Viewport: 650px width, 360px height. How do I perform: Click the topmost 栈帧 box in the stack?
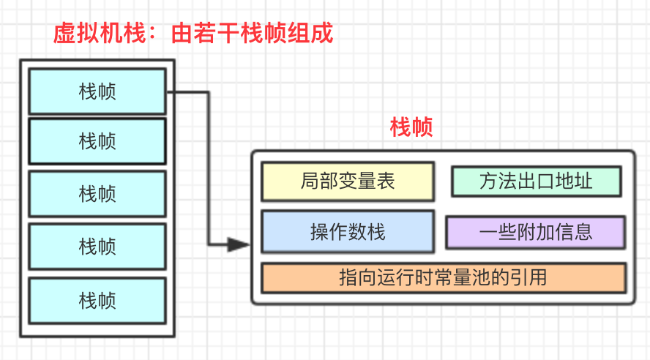97,91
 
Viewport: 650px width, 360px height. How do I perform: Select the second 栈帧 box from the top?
97,140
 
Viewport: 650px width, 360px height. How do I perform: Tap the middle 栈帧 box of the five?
97,193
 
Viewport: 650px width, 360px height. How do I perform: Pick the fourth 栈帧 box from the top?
97,246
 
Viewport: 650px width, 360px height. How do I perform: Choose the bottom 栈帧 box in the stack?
97,300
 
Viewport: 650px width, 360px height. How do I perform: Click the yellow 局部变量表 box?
348,181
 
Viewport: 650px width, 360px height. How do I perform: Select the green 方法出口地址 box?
536,181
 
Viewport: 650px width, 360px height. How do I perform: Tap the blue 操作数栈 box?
348,232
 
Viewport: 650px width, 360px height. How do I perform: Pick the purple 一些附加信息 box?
536,232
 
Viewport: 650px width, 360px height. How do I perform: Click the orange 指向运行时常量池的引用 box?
444,278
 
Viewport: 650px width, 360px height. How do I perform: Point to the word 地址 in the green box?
575,181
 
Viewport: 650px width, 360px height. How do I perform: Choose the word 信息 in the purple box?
574,232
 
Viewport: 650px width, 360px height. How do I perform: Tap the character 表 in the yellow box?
386,181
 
